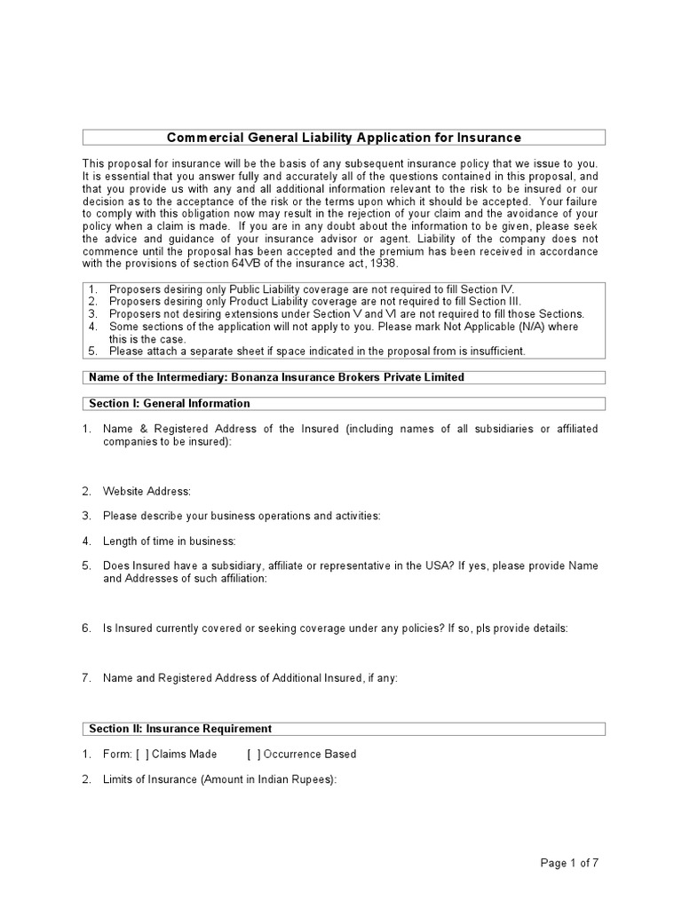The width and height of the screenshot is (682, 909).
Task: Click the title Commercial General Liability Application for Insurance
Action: [344, 137]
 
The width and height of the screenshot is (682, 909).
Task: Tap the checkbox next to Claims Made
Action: [142, 754]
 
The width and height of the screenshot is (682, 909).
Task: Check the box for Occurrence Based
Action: [254, 754]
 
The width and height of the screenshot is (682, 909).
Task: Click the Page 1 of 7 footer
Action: [575, 862]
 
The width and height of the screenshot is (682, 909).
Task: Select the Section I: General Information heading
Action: [170, 403]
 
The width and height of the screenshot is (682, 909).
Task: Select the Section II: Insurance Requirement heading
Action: [180, 729]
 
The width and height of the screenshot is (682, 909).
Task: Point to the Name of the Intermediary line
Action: [276, 377]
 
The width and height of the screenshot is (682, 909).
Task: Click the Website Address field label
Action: [147, 491]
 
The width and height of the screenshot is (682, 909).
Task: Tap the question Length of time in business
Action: [169, 541]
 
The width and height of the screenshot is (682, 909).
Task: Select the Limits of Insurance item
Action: [220, 779]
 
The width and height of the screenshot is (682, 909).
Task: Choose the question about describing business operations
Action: [242, 516]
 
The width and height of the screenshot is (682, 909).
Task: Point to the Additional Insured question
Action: [250, 677]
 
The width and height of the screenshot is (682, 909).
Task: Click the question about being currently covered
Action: [335, 628]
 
